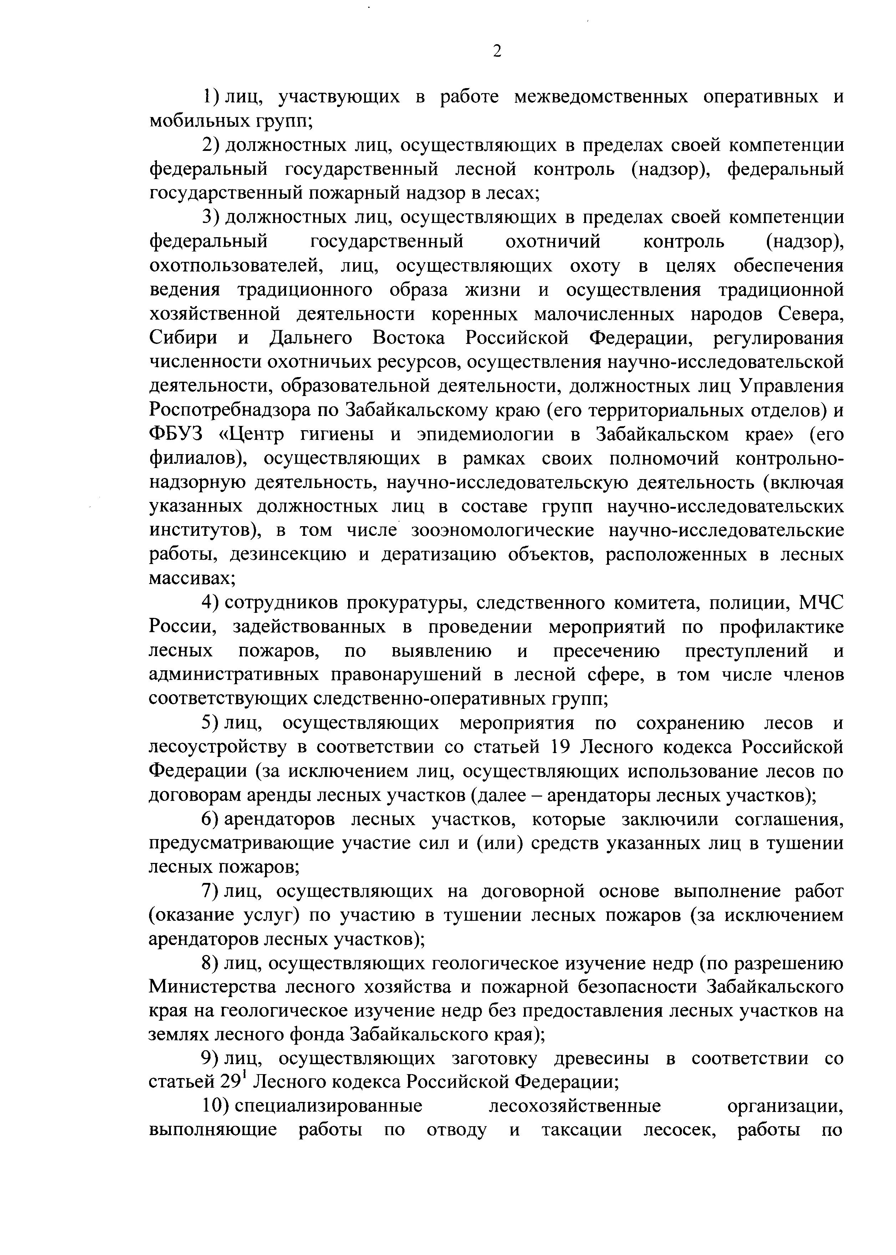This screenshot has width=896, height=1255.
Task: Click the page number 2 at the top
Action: point(497,51)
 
